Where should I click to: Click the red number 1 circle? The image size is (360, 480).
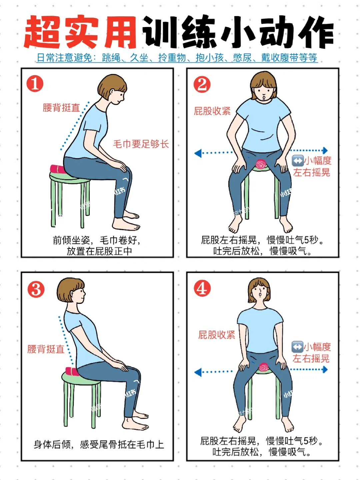click(x=35, y=84)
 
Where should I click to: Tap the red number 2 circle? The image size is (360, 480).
click(x=202, y=84)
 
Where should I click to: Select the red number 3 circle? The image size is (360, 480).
click(x=36, y=289)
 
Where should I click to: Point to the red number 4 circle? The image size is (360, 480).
click(x=202, y=288)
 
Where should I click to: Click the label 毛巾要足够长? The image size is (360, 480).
click(x=141, y=144)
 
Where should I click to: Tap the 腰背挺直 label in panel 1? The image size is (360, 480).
click(x=61, y=108)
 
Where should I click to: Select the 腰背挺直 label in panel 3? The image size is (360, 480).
click(x=46, y=349)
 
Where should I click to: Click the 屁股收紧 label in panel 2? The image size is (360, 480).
click(x=212, y=111)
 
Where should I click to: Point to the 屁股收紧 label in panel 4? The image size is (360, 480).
click(x=216, y=335)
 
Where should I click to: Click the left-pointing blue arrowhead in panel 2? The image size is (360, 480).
click(x=198, y=153)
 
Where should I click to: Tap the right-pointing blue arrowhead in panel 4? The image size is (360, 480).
click(x=325, y=369)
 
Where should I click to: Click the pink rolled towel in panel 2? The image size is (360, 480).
click(x=260, y=164)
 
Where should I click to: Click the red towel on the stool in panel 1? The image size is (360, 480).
click(x=57, y=169)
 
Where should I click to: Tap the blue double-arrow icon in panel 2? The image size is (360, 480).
click(x=298, y=161)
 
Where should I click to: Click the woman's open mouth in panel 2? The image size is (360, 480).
click(x=264, y=96)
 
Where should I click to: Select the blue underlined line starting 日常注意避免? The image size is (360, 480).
click(x=177, y=58)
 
